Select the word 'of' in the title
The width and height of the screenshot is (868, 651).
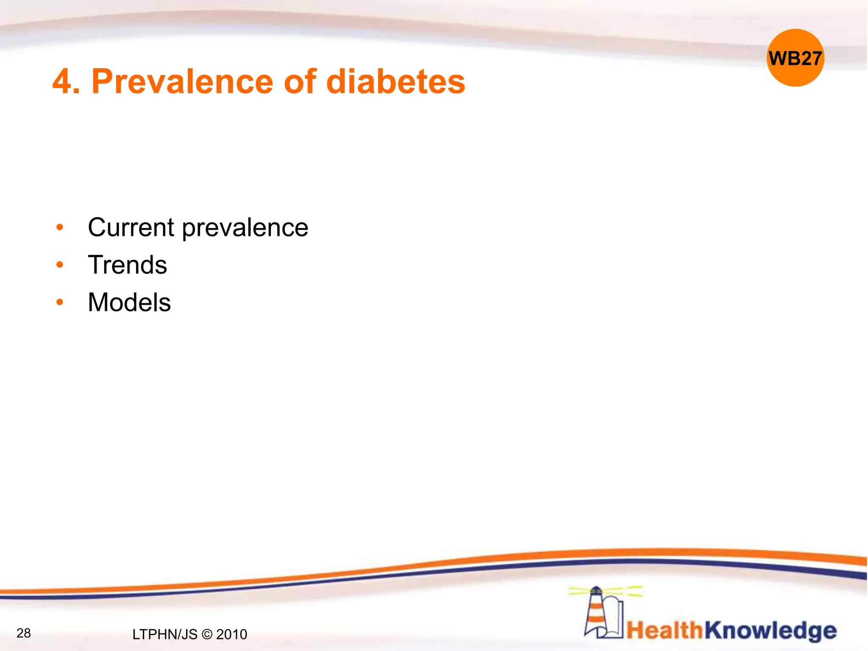click(x=300, y=81)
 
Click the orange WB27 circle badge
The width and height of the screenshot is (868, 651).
click(x=795, y=58)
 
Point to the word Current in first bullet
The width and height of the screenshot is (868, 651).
click(x=131, y=228)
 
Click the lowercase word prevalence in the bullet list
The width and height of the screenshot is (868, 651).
click(x=245, y=229)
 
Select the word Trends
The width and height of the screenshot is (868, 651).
click(x=127, y=265)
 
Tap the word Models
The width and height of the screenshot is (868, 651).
click(x=129, y=303)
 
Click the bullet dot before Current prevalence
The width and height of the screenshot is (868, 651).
click(x=60, y=228)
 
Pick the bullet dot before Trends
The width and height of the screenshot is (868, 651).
click(x=60, y=265)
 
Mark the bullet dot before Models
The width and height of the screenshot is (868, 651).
click(x=60, y=303)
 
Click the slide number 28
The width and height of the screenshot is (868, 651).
click(x=24, y=633)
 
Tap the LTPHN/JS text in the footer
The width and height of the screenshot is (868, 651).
click(x=165, y=634)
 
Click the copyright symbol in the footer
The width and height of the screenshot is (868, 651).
click(x=207, y=634)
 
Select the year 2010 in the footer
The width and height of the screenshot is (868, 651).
click(x=231, y=634)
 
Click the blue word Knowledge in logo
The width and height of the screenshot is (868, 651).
click(x=770, y=630)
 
